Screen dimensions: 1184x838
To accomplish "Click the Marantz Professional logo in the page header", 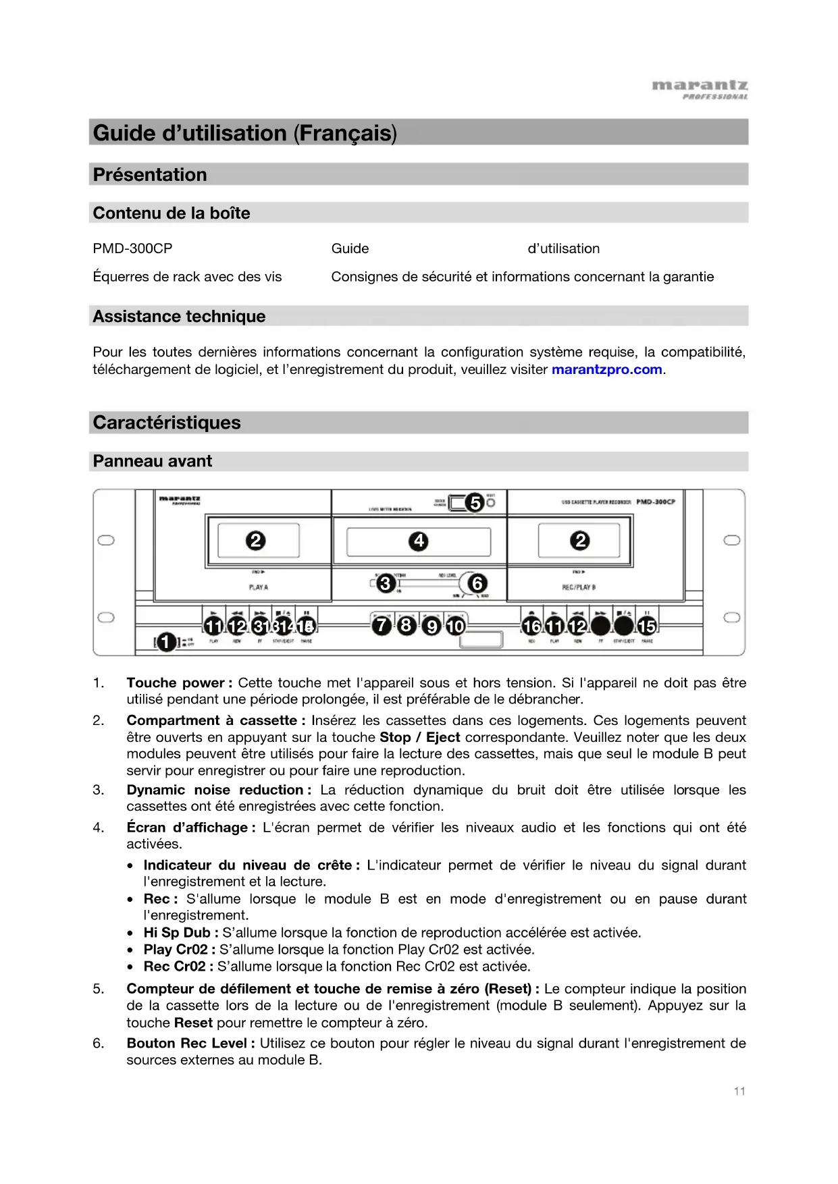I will coord(700,89).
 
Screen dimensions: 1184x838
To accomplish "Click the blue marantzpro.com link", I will coord(606,370).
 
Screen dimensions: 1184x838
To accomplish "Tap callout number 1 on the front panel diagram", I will coord(166,642).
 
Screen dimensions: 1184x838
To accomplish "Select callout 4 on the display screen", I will coord(419,541).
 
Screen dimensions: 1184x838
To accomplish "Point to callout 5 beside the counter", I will coord(475,502).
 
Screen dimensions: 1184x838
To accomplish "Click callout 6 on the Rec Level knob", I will coord(477,583).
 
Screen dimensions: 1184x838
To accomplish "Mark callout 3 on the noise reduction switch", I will coord(386,583).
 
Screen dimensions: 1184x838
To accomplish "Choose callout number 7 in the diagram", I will coord(382,626).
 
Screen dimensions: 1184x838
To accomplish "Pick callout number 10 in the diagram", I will coord(456,626).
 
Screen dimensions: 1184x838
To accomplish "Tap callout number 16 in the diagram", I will coord(531,626).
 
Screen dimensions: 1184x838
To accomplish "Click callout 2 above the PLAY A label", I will coord(255,540).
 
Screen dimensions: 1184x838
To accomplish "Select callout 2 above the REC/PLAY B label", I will coord(579,540).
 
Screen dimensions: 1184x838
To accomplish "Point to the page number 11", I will coord(739,1092).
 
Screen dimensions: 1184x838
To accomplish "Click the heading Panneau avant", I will coord(153,462).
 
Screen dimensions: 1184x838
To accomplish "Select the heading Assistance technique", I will coord(179,317).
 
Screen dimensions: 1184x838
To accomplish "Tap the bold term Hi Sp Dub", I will coord(177,933).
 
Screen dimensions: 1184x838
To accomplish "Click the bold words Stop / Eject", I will coord(419,738).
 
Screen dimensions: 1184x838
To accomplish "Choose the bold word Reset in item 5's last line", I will coord(193,1023).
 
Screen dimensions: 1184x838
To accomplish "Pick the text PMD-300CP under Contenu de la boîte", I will coord(132,248).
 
